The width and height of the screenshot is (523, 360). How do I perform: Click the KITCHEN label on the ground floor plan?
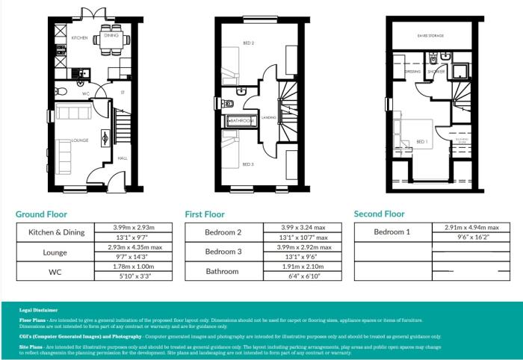pos(80,37)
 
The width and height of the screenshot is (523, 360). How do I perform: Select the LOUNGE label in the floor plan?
pos(80,140)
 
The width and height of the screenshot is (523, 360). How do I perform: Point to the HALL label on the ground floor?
pos(122,158)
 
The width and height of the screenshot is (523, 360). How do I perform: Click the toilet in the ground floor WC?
pos(62,92)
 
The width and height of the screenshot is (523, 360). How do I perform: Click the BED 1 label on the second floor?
pos(423,142)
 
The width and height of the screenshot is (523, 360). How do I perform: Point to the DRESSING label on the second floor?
pos(413,72)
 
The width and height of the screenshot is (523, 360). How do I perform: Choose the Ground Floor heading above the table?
pos(41,214)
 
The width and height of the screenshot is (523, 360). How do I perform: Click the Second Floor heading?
pos(379,214)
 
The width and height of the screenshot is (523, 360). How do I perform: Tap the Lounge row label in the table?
pos(55,252)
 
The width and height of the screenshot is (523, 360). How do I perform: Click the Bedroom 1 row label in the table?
pos(392,232)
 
